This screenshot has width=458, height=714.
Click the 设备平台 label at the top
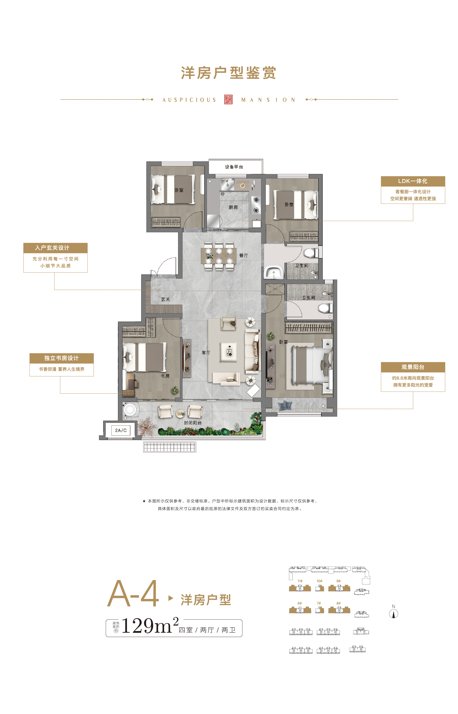point(234,167)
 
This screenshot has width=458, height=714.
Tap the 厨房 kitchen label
point(233,207)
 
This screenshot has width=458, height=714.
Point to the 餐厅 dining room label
point(244,256)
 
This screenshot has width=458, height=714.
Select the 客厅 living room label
point(206,353)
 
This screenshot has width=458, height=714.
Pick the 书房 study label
point(165,376)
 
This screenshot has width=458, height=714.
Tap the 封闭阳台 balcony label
point(193,423)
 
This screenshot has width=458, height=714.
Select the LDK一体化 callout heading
point(413,181)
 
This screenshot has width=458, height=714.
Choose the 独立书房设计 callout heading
point(62,358)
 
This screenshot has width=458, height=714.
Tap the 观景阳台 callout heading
point(413,367)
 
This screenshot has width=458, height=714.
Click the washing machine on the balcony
point(130,409)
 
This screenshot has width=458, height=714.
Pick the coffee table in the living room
point(229,352)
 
